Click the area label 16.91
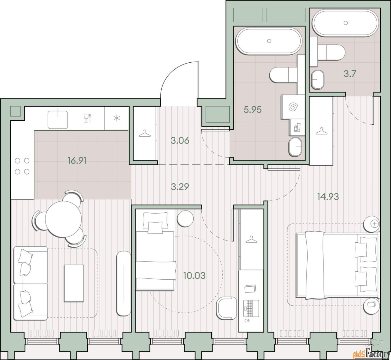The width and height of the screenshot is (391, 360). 77,161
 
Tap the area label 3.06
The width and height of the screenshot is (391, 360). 180,140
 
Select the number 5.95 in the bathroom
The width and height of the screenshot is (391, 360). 253,110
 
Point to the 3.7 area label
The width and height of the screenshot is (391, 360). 350,74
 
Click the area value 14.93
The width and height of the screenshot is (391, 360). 328,197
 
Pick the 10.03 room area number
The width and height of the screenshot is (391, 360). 194,276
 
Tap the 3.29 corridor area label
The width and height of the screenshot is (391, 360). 180,187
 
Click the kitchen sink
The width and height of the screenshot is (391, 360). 58,119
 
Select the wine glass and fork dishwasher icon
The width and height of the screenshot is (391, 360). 88,118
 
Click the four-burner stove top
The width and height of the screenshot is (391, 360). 22,166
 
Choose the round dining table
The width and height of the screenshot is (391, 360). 63,218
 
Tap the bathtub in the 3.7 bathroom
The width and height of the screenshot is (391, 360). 345,23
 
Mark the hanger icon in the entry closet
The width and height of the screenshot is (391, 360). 144,134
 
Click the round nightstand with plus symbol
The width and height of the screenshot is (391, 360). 372,224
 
